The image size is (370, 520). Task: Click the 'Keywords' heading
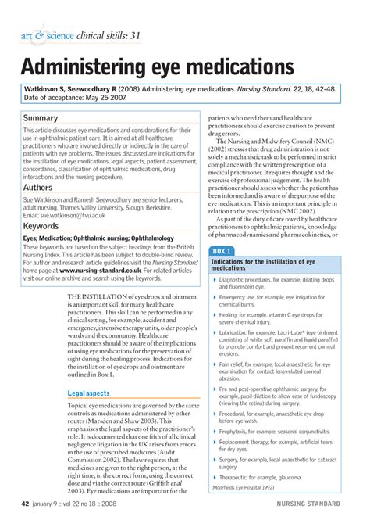[45, 225]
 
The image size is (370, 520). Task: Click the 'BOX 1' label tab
[222, 250]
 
